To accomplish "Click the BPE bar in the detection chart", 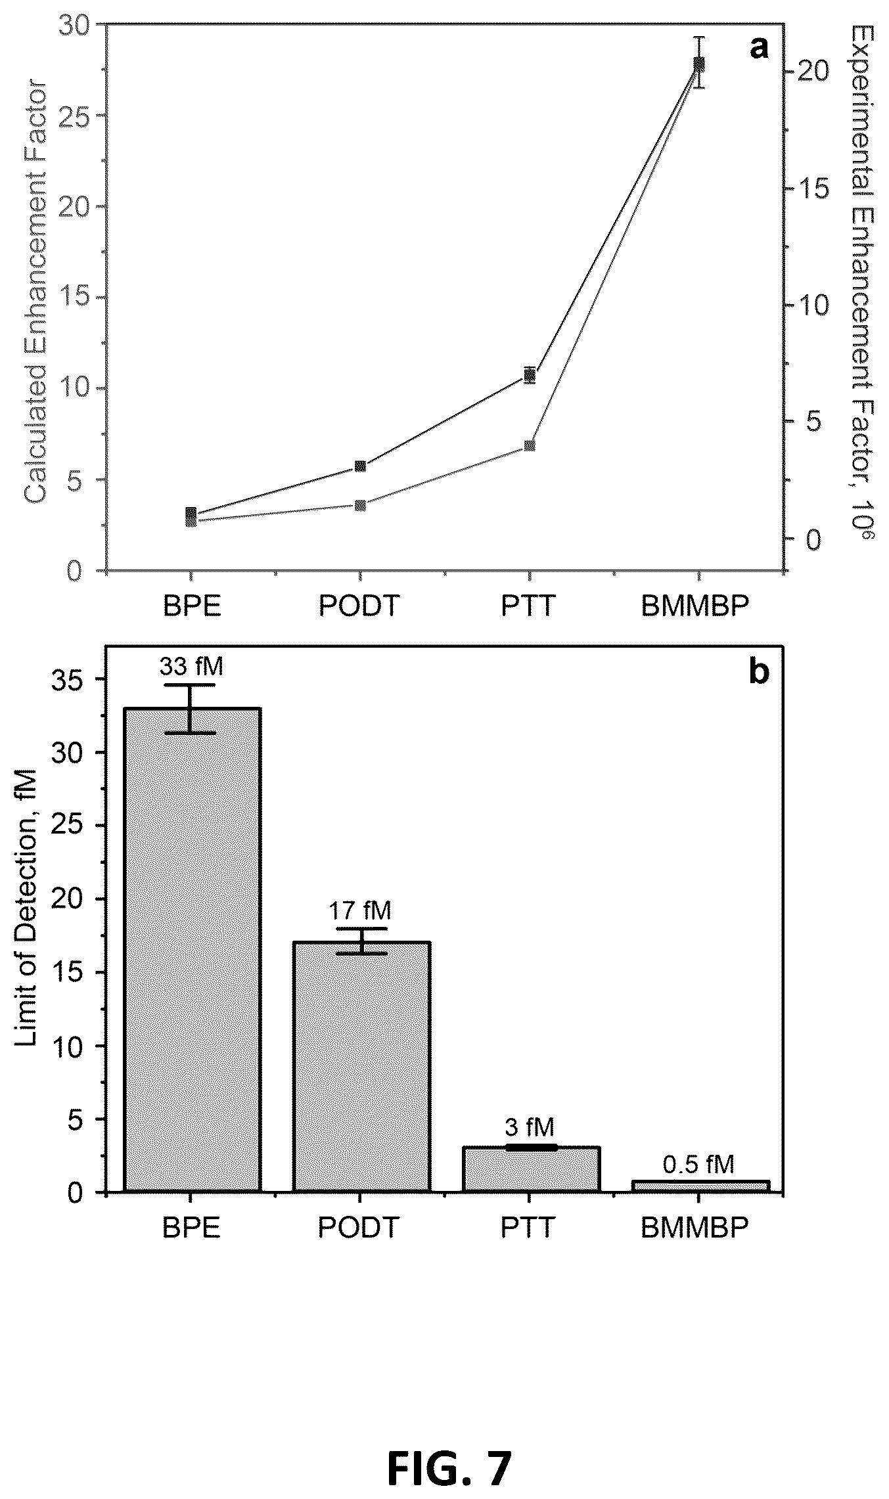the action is point(192,950).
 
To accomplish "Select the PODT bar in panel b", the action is point(361,1067).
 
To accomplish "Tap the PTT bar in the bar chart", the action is point(531,1169).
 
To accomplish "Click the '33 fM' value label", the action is point(191,667).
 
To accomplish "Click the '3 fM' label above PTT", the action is point(530,1127).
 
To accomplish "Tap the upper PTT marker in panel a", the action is point(530,376).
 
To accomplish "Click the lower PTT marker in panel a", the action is point(530,446).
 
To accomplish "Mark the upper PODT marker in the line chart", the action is point(360,466).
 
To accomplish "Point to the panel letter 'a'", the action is point(759,47).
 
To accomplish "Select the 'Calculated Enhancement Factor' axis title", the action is point(35,292).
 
